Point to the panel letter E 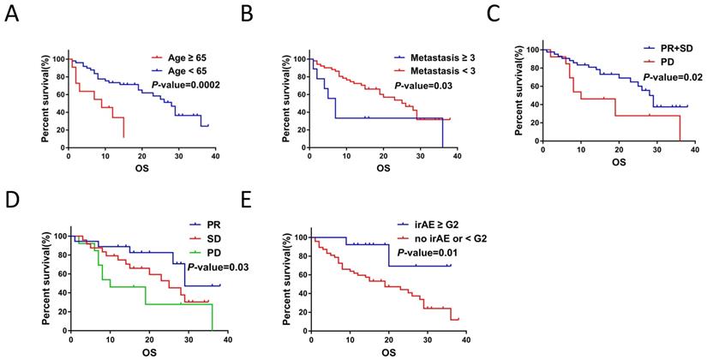tap(248, 199)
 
